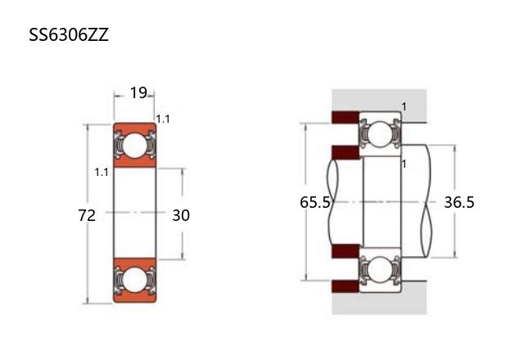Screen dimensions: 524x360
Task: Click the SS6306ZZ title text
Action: coord(69,34)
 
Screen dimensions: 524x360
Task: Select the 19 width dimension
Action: coord(138,92)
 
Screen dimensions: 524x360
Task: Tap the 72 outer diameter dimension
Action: coord(87,215)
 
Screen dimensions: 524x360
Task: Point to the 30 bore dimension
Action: coord(181,215)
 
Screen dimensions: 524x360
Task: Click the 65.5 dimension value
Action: coord(314,202)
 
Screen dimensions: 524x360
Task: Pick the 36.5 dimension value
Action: coord(459,202)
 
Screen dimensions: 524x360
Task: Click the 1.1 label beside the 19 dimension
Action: coord(163,119)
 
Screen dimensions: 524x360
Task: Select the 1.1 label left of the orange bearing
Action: coord(102,173)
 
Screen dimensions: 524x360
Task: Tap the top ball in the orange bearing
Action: coord(134,146)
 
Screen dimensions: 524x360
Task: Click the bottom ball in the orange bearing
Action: coord(134,279)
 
